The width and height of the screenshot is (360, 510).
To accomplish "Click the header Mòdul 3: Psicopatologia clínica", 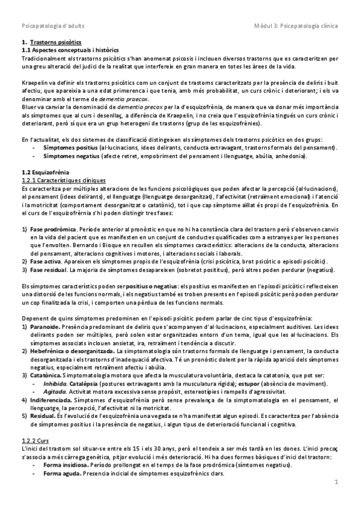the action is click(296, 27).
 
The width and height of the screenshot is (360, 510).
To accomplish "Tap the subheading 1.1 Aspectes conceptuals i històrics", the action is click(70, 51).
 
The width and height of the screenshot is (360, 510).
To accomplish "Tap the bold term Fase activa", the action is click(45, 262).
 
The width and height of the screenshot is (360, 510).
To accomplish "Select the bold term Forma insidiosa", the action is click(66, 465).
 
